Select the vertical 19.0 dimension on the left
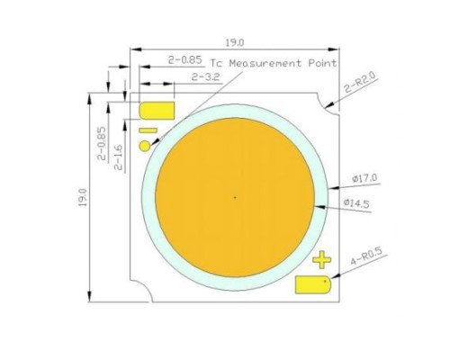click(83, 197)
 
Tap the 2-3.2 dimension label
click(206, 78)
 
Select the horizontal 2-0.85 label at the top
click(185, 60)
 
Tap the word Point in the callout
click(321, 64)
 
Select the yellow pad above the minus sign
click(157, 111)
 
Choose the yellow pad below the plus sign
click(314, 284)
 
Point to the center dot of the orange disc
click(235, 197)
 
